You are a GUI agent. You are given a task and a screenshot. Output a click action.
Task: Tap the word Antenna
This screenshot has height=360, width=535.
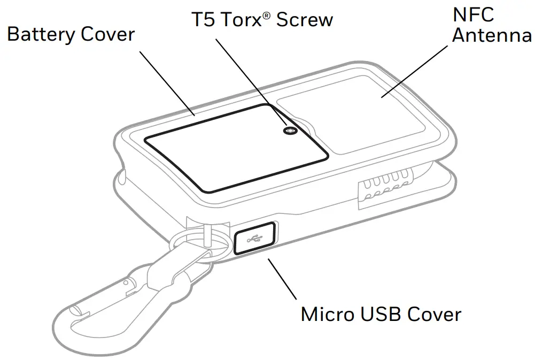click(x=492, y=36)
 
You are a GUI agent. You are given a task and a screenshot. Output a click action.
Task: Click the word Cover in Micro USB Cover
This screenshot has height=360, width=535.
click(x=434, y=314)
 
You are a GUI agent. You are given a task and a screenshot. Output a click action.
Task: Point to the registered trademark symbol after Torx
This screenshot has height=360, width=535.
click(x=266, y=16)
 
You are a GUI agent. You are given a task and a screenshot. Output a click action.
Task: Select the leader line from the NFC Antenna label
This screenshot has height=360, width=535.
click(x=415, y=70)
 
